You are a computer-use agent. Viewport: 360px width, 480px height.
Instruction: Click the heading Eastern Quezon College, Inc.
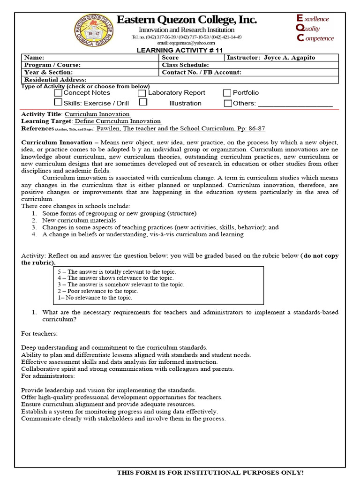186,20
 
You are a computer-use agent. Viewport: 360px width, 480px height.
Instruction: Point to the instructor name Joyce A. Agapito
289,58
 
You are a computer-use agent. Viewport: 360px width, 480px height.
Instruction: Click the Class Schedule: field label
185,65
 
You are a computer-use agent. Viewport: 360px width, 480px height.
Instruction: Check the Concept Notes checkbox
58,93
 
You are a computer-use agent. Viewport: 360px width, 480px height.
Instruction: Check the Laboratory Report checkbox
142,93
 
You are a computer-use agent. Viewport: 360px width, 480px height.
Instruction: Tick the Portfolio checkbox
227,93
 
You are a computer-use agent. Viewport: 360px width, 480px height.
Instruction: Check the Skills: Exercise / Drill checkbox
58,102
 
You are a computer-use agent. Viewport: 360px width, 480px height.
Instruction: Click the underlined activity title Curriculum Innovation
97,114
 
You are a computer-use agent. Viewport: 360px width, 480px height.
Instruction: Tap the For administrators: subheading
48,376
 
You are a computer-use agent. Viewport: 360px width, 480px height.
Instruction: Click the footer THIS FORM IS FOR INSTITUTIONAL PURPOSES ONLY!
210,472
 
